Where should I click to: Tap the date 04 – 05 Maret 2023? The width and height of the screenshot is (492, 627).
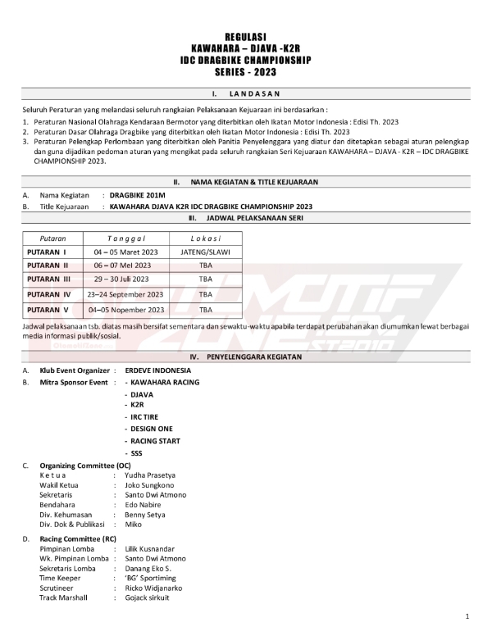coord(127,252)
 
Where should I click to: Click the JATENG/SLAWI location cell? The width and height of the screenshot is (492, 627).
coord(206,252)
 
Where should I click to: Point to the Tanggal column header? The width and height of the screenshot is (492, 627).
coord(126,237)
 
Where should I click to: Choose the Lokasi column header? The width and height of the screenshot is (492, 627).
coord(206,237)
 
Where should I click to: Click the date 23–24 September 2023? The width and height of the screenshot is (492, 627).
coord(127,293)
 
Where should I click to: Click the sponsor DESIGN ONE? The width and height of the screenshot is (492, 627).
coord(148,429)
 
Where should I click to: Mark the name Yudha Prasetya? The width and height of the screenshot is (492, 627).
coord(149,475)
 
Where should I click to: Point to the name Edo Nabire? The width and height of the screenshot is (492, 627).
coord(143,505)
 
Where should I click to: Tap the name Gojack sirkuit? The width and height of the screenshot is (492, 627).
coord(147,597)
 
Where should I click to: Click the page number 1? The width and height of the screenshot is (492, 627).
coord(467,616)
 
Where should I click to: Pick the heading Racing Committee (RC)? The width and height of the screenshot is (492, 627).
coord(78,538)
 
